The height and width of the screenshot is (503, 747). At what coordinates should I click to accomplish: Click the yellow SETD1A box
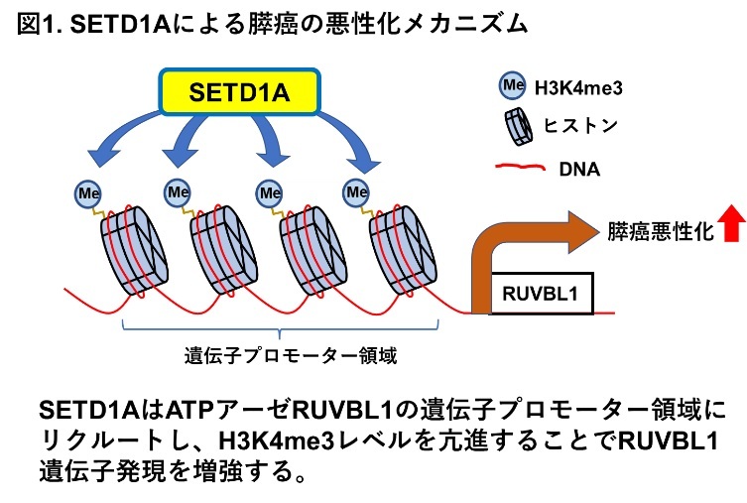tap(239, 92)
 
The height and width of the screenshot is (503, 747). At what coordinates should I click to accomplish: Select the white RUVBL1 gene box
tap(542, 294)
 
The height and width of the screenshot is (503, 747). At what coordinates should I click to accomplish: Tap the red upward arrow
tap(732, 224)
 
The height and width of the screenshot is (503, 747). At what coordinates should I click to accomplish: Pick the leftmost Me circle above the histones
tap(87, 193)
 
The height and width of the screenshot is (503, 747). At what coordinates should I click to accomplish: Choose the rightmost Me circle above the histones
tap(356, 192)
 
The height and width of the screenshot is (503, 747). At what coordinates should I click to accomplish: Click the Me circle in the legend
tap(513, 85)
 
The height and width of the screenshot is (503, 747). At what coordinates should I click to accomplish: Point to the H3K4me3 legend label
tap(578, 88)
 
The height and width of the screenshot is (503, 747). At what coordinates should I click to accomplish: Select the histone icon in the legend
tap(518, 126)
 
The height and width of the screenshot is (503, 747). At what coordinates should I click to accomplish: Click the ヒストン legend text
tap(580, 126)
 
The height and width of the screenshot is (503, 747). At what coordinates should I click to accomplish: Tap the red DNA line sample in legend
tap(520, 168)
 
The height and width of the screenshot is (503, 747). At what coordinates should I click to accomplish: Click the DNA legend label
tap(579, 169)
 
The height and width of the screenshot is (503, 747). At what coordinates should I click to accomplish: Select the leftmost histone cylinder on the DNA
tap(134, 251)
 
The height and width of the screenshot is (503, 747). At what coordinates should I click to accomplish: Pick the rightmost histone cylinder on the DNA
tap(403, 251)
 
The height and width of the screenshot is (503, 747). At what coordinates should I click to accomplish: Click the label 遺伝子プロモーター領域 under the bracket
tap(290, 355)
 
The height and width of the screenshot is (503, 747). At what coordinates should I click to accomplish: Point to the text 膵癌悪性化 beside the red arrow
tap(661, 231)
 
